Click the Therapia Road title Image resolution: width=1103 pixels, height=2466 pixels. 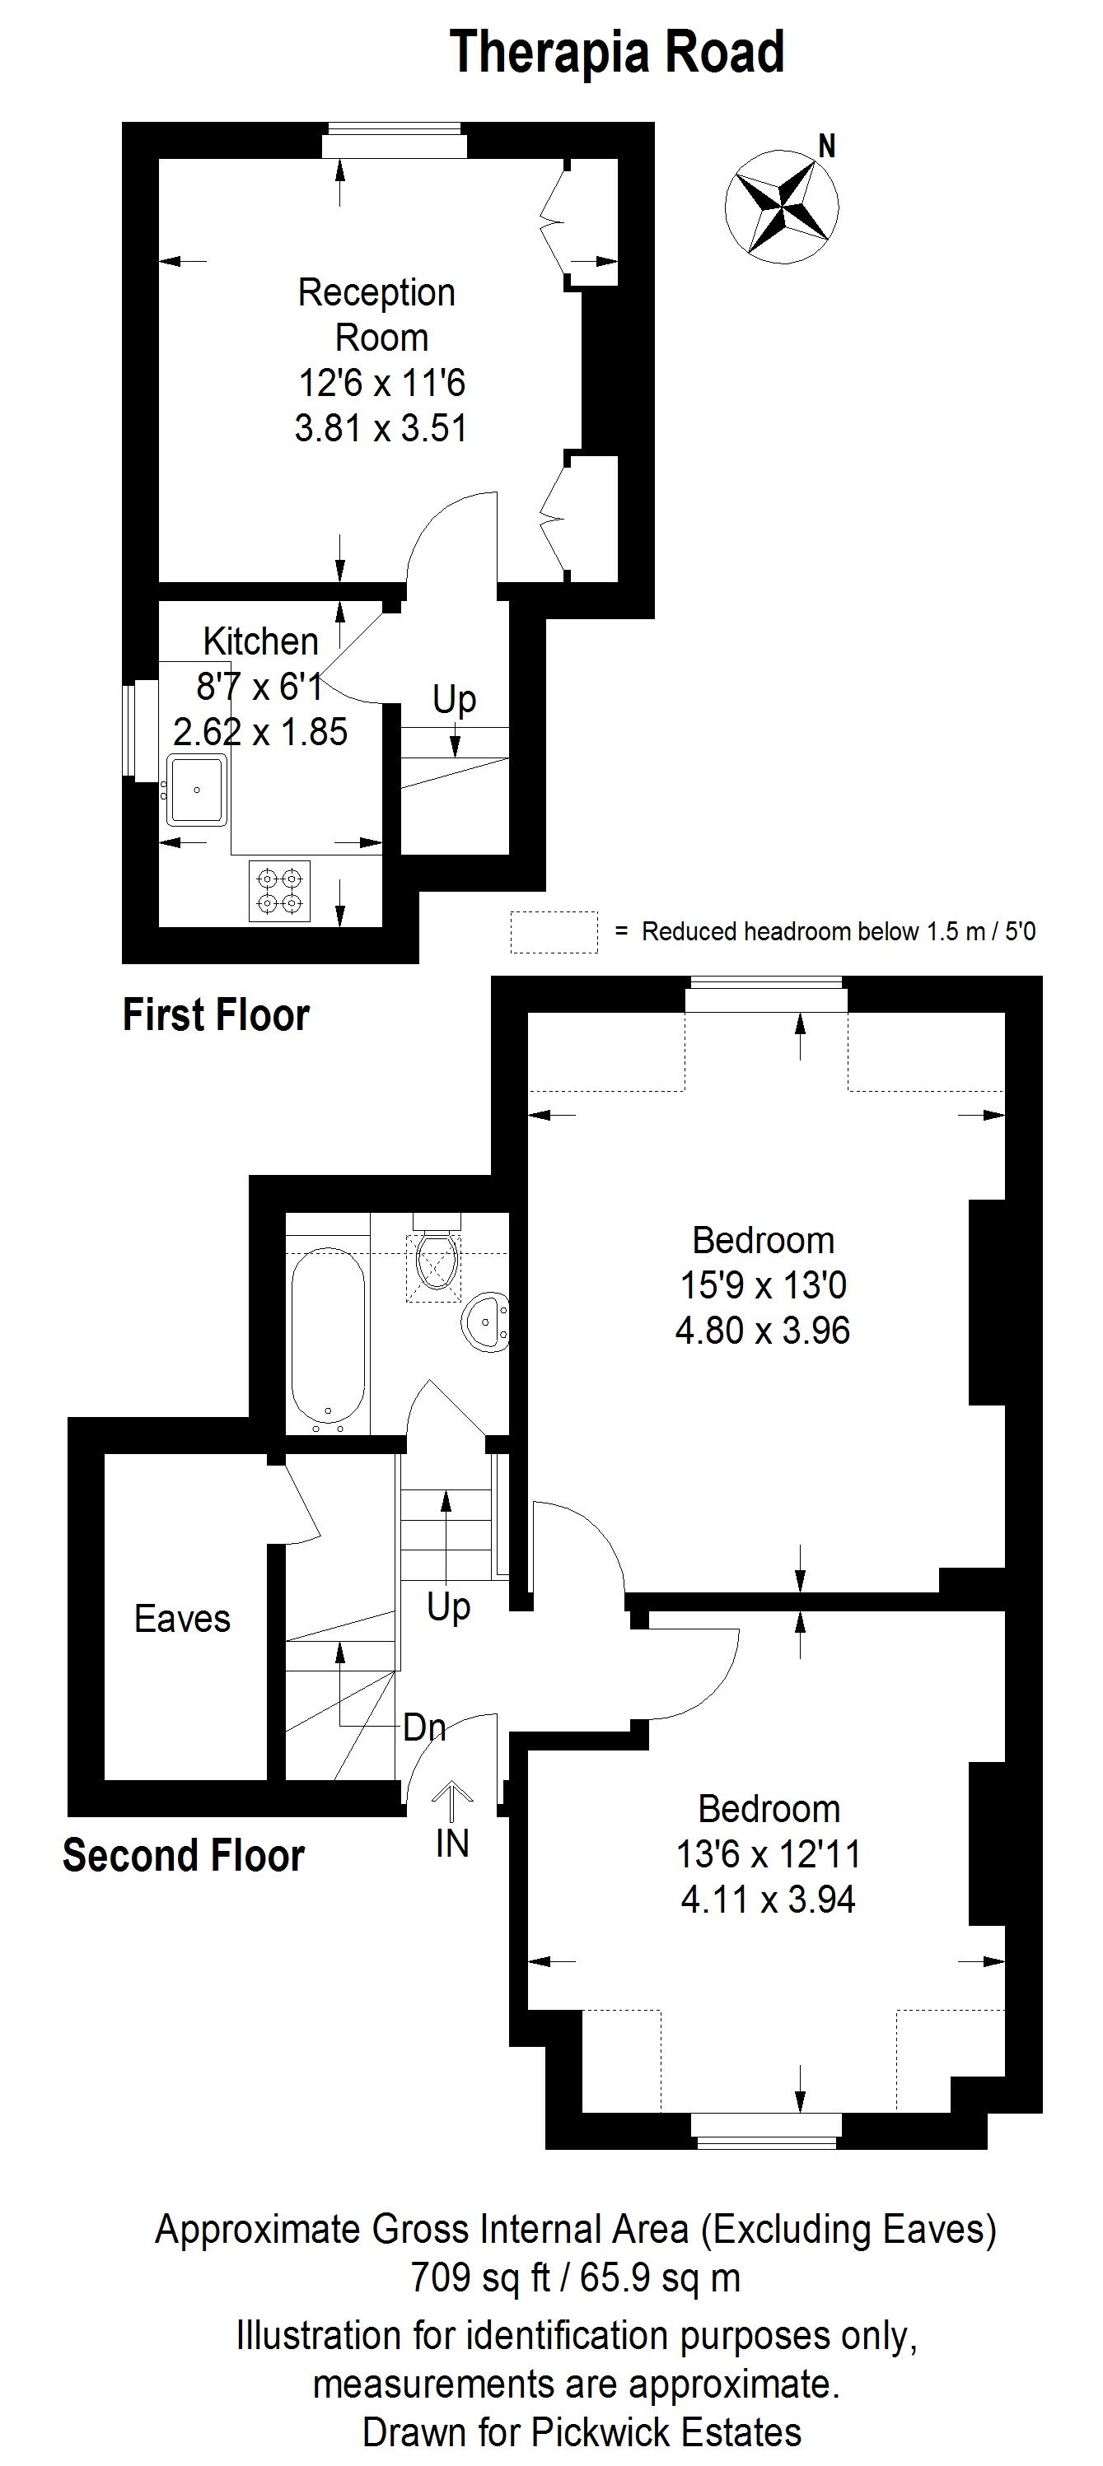617,52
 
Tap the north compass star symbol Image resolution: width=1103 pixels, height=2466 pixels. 781,205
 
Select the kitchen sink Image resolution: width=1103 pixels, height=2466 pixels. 197,790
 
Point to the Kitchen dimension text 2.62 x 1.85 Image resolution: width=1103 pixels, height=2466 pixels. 260,732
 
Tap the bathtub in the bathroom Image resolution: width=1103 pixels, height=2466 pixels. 328,1337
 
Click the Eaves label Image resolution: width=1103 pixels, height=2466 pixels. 182,1619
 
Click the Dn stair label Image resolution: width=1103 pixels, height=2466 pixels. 424,1727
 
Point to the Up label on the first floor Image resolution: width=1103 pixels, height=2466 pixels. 454,700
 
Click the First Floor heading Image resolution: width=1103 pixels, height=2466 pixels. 217,1014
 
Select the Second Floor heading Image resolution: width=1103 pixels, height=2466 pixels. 184,1855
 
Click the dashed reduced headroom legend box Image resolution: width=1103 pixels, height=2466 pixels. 554,931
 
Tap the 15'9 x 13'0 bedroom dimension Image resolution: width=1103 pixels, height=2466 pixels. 763,1284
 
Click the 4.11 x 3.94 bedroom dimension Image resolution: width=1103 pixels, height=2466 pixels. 768,1900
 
